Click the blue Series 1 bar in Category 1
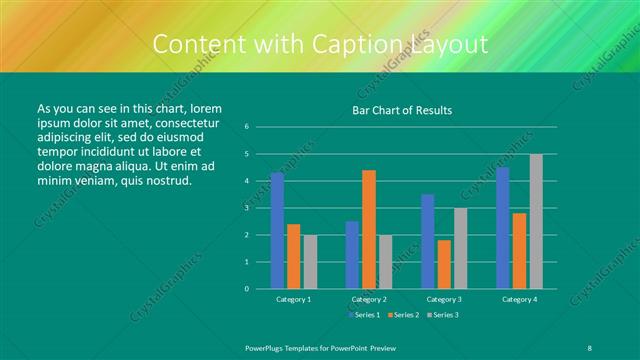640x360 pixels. tap(277, 231)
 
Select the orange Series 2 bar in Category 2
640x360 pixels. tap(368, 229)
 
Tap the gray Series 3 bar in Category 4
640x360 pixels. tap(535, 221)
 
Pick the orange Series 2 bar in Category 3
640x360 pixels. tap(443, 264)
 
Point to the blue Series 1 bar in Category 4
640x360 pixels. tap(502, 228)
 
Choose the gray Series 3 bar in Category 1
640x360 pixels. tap(310, 262)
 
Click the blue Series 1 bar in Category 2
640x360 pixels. tap(352, 255)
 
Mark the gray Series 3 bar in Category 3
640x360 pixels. tap(460, 248)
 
